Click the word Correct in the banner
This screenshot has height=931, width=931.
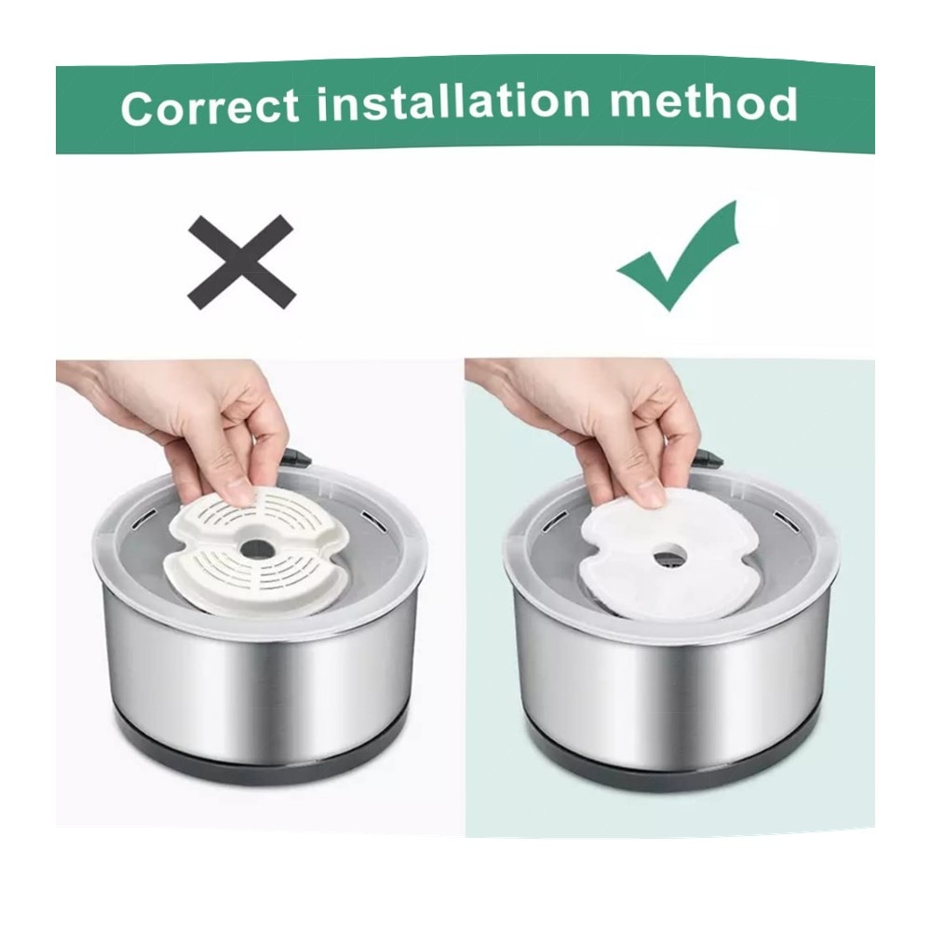[209, 107]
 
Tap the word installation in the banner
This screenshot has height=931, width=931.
[453, 101]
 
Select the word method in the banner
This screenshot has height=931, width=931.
[703, 102]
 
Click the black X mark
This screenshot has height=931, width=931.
[242, 262]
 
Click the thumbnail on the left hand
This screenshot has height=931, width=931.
[240, 492]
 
